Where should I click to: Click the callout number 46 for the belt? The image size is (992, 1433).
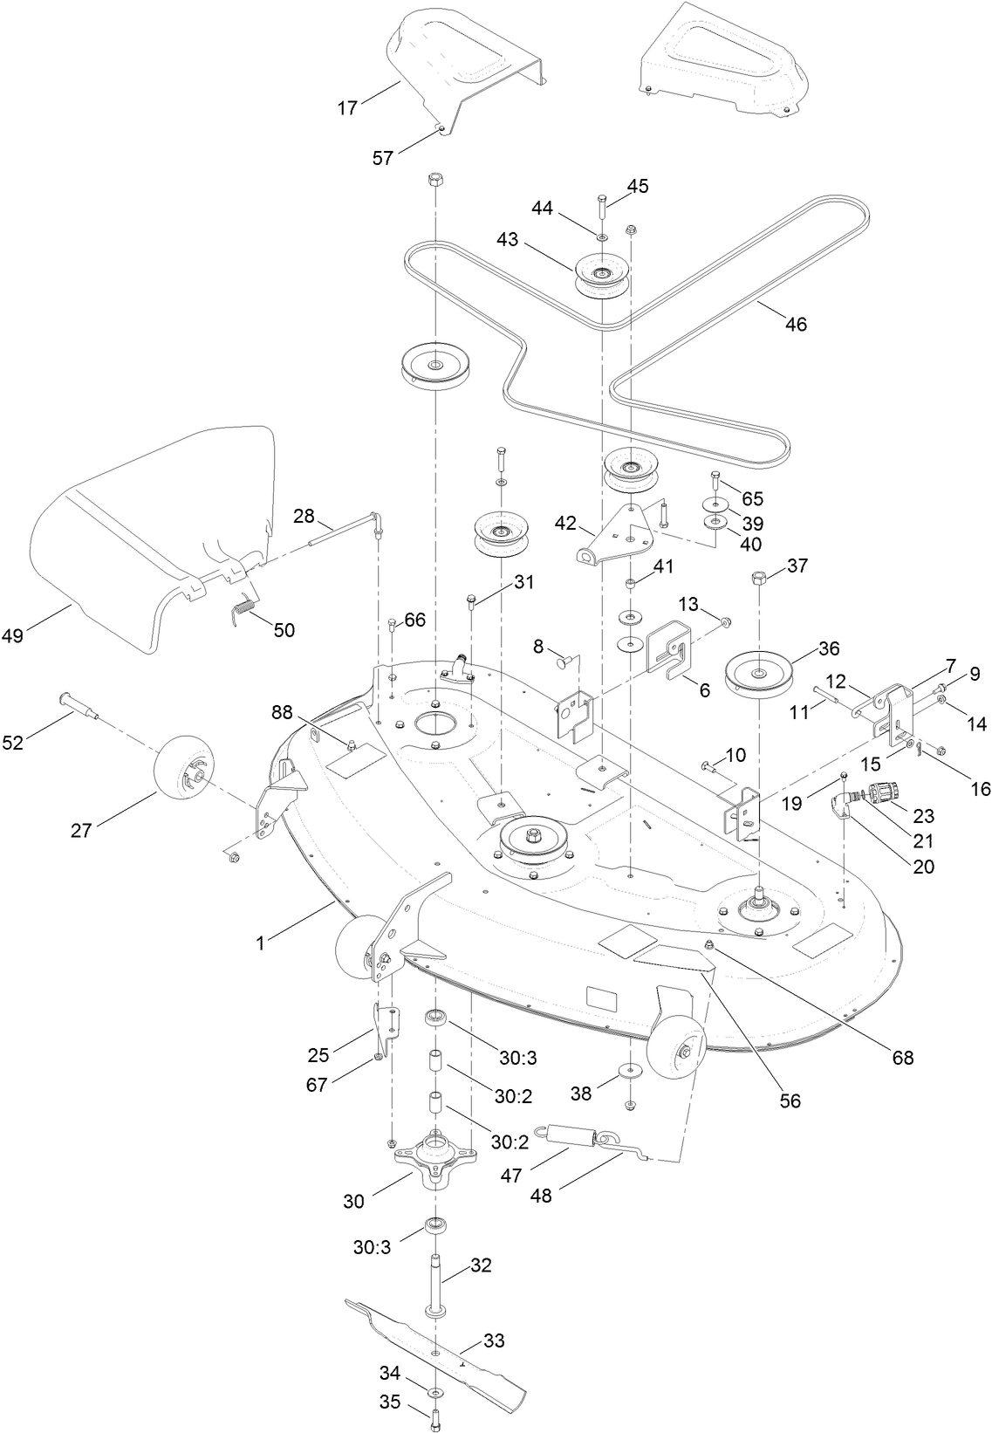[796, 324]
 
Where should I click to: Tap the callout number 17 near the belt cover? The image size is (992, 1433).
[348, 108]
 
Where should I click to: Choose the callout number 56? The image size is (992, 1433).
[790, 1100]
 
